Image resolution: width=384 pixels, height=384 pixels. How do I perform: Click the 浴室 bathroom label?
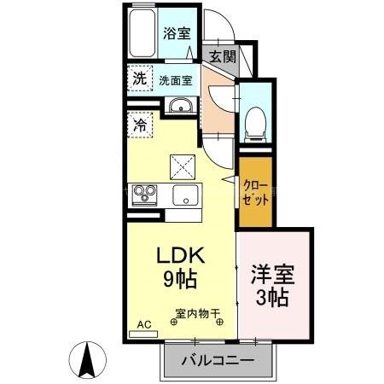click(177, 32)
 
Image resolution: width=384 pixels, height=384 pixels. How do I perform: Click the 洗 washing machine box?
click(139, 78)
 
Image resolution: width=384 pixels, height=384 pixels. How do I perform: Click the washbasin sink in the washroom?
click(179, 106)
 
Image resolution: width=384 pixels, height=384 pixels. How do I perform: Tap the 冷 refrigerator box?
click(139, 125)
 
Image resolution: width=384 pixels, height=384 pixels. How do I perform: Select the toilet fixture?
click(254, 121)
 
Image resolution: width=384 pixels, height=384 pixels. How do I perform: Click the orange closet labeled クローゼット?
click(256, 192)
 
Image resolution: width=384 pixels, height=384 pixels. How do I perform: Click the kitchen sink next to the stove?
click(183, 195)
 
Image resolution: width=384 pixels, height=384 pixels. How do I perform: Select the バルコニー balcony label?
click(218, 361)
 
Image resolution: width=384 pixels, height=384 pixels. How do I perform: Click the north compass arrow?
click(88, 359)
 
